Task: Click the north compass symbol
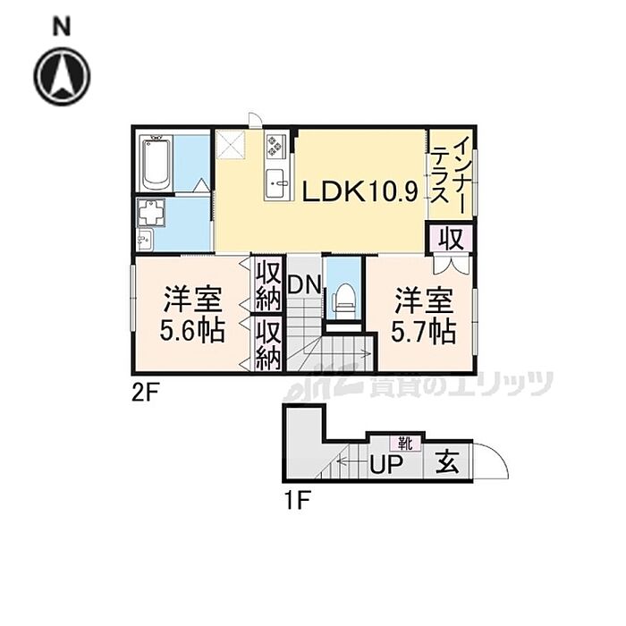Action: (63, 77)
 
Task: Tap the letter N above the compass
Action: (61, 27)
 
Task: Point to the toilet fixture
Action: (342, 297)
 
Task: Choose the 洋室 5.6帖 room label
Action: (192, 314)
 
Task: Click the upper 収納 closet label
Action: (267, 285)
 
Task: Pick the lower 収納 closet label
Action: (267, 343)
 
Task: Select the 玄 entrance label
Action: (448, 464)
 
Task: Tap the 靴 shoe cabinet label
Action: (404, 442)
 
